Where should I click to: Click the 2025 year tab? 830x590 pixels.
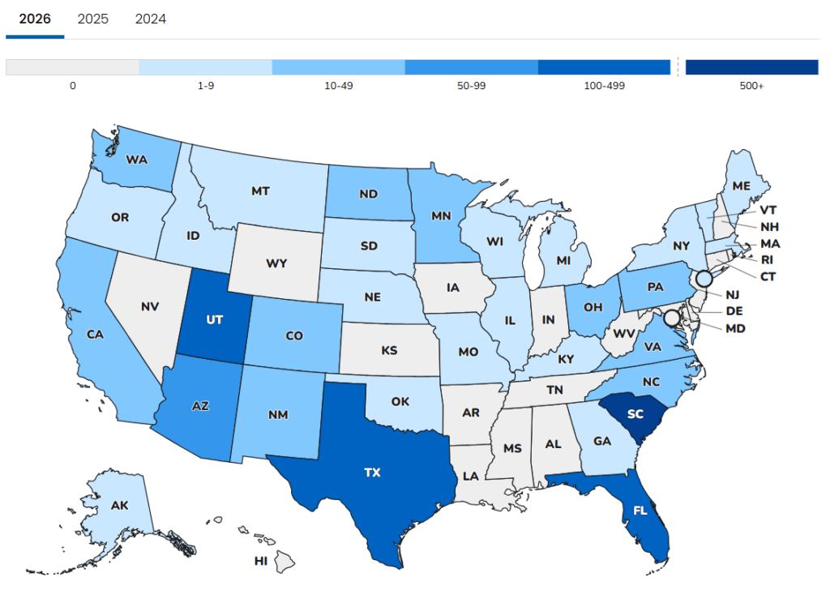[x=92, y=19]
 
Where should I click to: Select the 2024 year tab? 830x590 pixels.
[x=151, y=19]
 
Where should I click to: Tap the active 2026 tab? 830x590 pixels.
[x=35, y=19]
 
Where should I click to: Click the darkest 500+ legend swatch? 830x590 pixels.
[x=751, y=67]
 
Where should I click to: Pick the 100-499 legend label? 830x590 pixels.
[x=604, y=86]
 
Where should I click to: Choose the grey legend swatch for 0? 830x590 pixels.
[x=72, y=67]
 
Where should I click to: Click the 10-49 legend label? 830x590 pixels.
[x=338, y=86]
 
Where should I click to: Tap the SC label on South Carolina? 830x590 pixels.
[x=635, y=413]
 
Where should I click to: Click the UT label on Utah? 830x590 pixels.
[x=215, y=320]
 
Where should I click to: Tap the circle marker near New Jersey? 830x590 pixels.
[x=704, y=278]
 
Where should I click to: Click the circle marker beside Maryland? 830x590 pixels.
[x=672, y=317]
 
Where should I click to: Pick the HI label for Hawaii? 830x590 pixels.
[x=261, y=560]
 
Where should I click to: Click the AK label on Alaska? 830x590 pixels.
[x=119, y=505]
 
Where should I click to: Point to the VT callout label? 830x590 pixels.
[x=767, y=209]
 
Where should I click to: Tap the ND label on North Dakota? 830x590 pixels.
[x=367, y=194]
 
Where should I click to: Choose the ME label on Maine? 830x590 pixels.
[x=741, y=185]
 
